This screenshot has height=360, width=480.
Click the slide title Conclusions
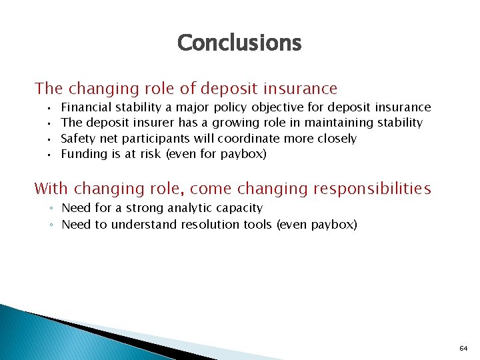pyautogui.click(x=239, y=43)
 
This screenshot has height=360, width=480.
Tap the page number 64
pyautogui.click(x=463, y=349)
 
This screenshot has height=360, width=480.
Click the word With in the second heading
pyautogui.click(x=51, y=189)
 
